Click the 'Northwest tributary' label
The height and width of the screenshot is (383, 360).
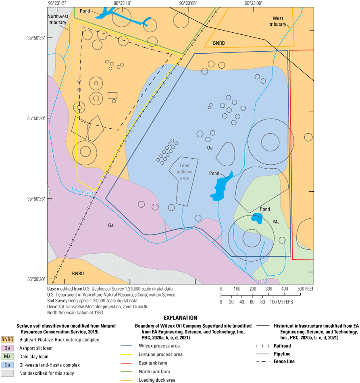[57, 19]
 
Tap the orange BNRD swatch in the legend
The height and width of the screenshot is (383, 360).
[7, 340]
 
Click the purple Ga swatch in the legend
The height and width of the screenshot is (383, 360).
[7, 348]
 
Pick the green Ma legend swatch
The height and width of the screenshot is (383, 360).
[7, 356]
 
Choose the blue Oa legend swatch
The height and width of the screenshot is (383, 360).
[7, 365]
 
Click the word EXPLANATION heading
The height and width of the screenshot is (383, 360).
[180, 318]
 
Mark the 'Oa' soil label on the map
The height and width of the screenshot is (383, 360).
[210, 148]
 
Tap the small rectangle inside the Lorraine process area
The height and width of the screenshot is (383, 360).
[112, 96]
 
